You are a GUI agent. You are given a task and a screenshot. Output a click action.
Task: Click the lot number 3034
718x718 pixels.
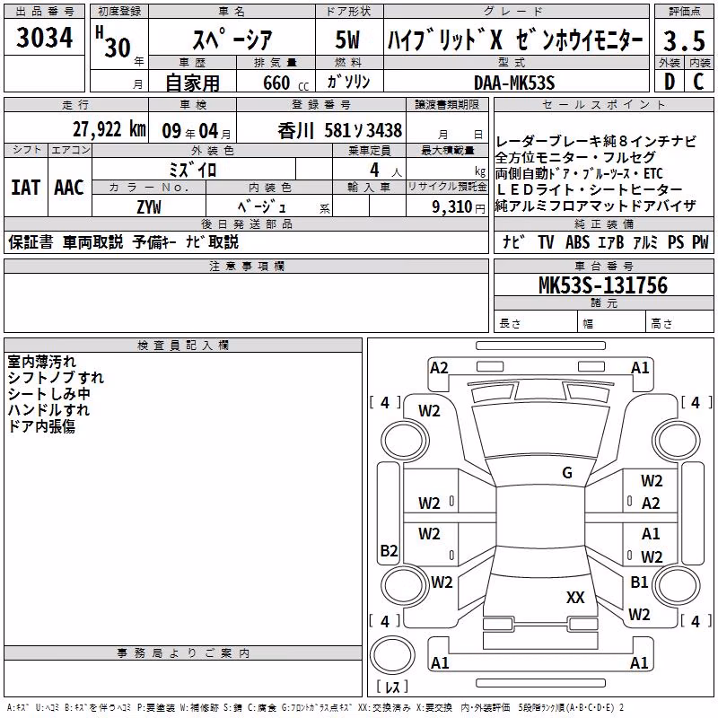44,37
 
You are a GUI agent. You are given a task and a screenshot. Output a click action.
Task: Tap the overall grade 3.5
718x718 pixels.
684,40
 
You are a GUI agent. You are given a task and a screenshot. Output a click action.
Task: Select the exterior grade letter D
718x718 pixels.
670,82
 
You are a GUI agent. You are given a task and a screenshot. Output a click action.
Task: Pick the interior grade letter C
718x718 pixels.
698,82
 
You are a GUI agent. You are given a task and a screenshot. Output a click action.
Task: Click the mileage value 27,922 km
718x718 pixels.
109,129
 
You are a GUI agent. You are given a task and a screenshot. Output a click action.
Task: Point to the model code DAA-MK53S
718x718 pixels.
514,83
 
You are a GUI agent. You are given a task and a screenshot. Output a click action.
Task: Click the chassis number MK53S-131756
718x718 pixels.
603,285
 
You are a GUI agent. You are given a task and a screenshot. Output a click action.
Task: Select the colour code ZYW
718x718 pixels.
149,207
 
